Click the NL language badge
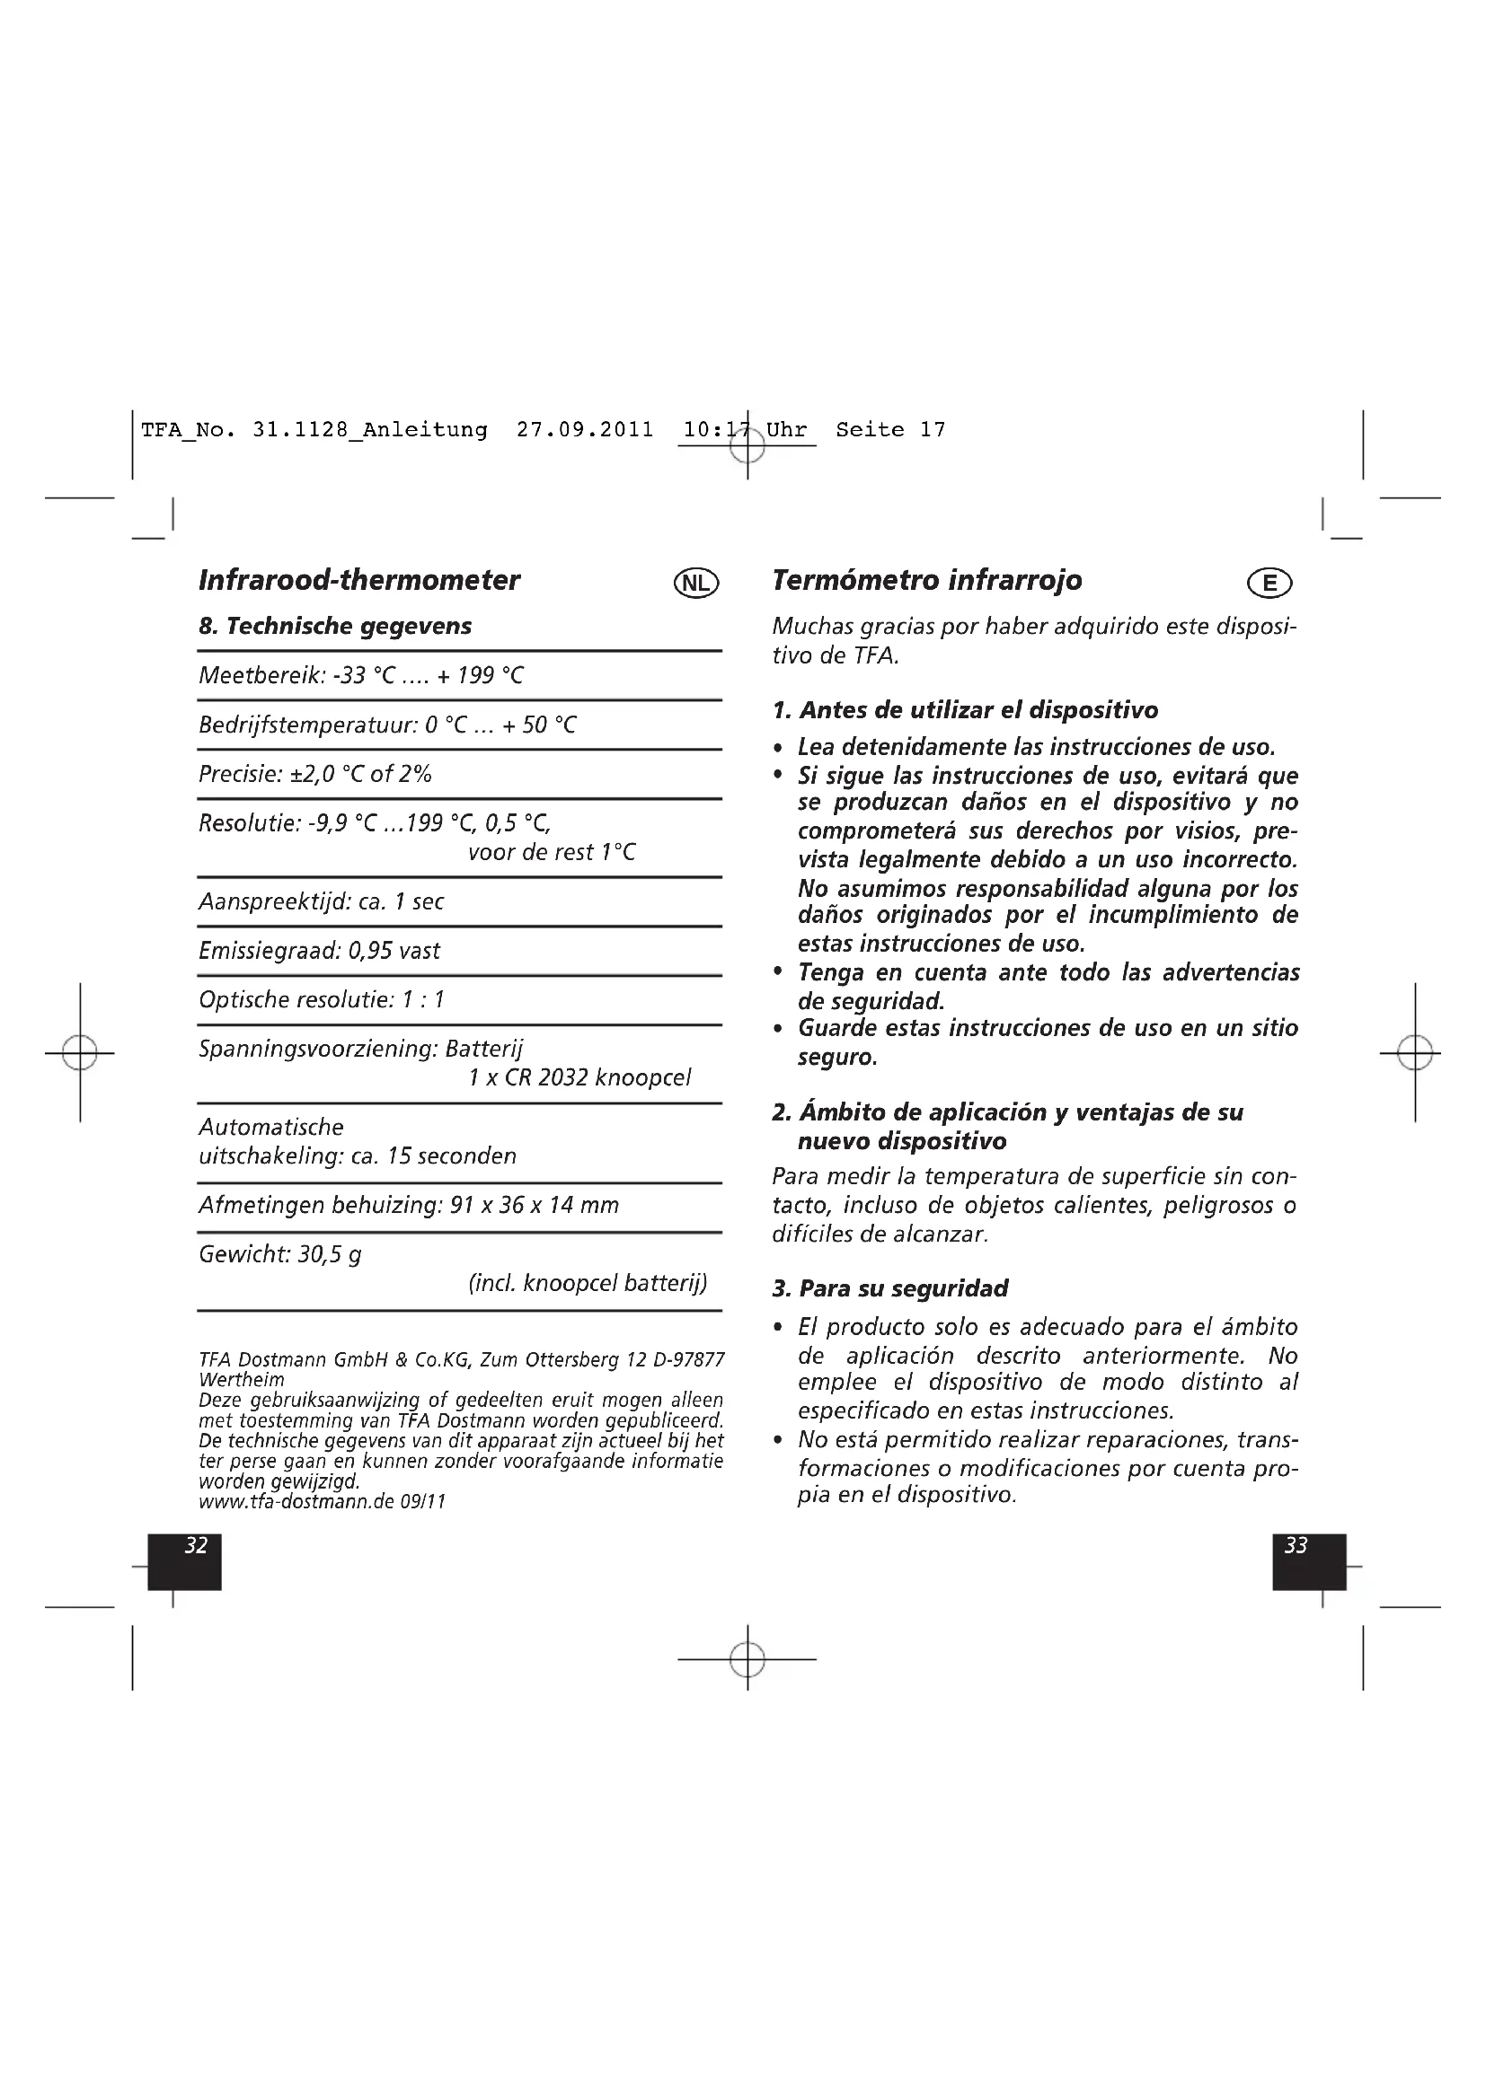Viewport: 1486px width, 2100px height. pyautogui.click(x=696, y=583)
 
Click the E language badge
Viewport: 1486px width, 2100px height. pyautogui.click(x=1269, y=583)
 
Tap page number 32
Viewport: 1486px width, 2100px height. pyautogui.click(x=196, y=1546)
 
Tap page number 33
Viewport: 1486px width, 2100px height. pyautogui.click(x=1296, y=1546)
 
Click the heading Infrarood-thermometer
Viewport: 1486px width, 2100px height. pyautogui.click(x=358, y=580)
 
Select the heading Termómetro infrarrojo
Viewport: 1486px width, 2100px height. pyautogui.click(x=926, y=580)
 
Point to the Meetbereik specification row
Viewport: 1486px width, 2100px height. pyautogui.click(x=361, y=676)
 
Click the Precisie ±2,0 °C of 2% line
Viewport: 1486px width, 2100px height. pyautogui.click(x=314, y=774)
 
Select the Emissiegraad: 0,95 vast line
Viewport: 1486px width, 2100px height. pyautogui.click(x=319, y=951)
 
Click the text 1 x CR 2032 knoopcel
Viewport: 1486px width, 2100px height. pyautogui.click(x=579, y=1077)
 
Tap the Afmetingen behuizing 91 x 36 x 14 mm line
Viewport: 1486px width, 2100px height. pyautogui.click(x=408, y=1206)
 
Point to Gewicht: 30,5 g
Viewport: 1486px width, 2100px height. pyautogui.click(x=280, y=1254)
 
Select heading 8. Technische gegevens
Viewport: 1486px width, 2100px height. pyautogui.click(x=335, y=627)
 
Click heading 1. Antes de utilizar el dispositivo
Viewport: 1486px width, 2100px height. pyautogui.click(x=965, y=711)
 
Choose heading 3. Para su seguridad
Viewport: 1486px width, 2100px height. pyautogui.click(x=889, y=1288)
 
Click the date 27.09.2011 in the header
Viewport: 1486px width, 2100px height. pyautogui.click(x=585, y=430)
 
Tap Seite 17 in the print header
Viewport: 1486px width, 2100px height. pyautogui.click(x=889, y=430)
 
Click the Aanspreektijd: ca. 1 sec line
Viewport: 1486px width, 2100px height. pyautogui.click(x=321, y=901)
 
